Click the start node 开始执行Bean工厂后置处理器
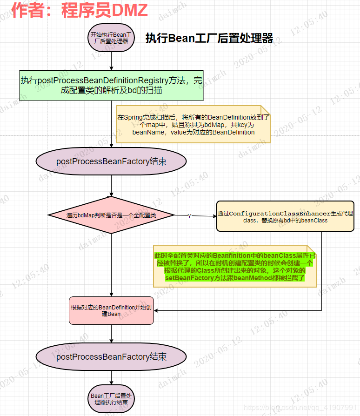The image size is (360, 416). click(x=111, y=38)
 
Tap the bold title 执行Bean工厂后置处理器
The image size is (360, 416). click(x=209, y=38)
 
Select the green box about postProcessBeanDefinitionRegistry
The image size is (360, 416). click(x=111, y=85)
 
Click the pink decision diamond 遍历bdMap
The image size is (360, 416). click(x=111, y=215)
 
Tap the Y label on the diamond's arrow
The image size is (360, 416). click(x=189, y=216)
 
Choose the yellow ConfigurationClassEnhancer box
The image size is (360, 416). click(x=285, y=216)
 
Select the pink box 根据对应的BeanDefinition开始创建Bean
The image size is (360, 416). click(x=111, y=310)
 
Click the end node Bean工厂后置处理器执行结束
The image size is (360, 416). click(x=111, y=399)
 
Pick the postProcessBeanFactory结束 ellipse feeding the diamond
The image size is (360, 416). click(x=111, y=161)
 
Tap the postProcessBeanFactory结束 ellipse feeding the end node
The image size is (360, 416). click(x=111, y=357)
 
